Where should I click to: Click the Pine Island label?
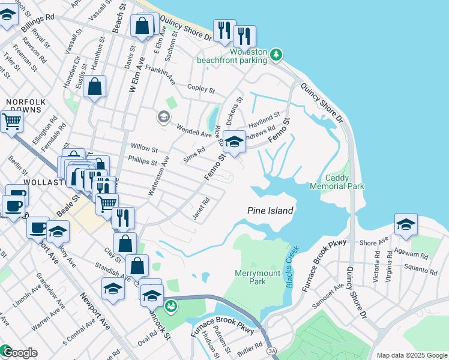point(271,211)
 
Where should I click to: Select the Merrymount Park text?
point(258,277)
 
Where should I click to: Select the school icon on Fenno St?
point(235,142)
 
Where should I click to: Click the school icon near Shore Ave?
point(406,224)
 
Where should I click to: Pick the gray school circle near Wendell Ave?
point(163,117)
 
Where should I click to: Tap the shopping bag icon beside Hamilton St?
point(95,86)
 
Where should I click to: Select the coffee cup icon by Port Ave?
point(39,228)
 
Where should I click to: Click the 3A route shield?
point(272,350)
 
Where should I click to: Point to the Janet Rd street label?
point(200,209)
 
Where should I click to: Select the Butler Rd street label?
point(251,348)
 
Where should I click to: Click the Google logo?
point(20,353)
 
